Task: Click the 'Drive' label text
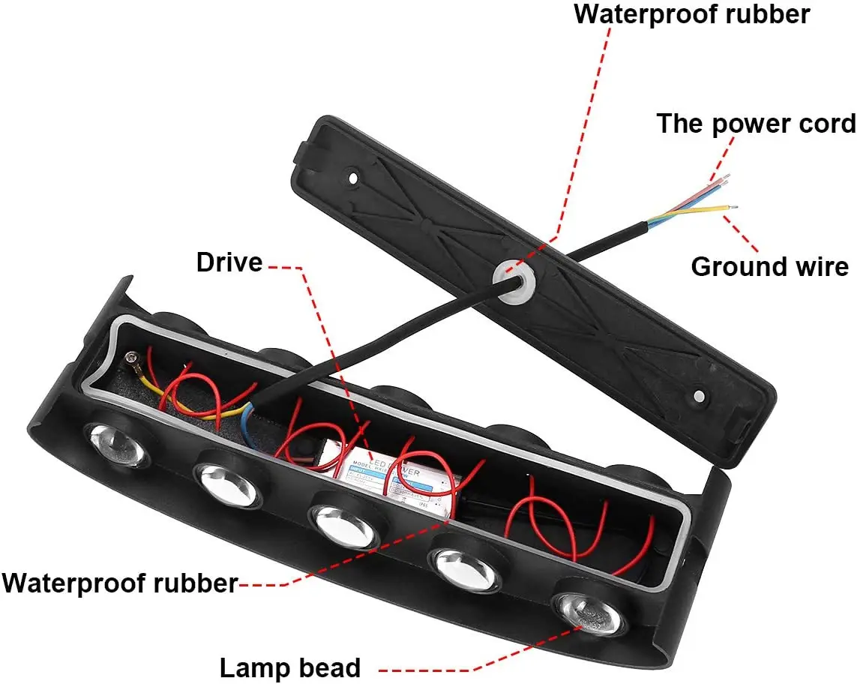pyautogui.click(x=229, y=262)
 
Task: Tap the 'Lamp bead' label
pyautogui.click(x=289, y=667)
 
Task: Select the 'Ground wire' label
pyautogui.click(x=769, y=266)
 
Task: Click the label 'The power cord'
pyautogui.click(x=756, y=124)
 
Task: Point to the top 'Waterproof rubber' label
pyautogui.click(x=691, y=14)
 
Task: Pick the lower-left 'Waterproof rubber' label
pyautogui.click(x=120, y=582)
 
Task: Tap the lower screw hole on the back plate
pyautogui.click(x=699, y=395)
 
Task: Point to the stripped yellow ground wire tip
pyautogui.click(x=735, y=209)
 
